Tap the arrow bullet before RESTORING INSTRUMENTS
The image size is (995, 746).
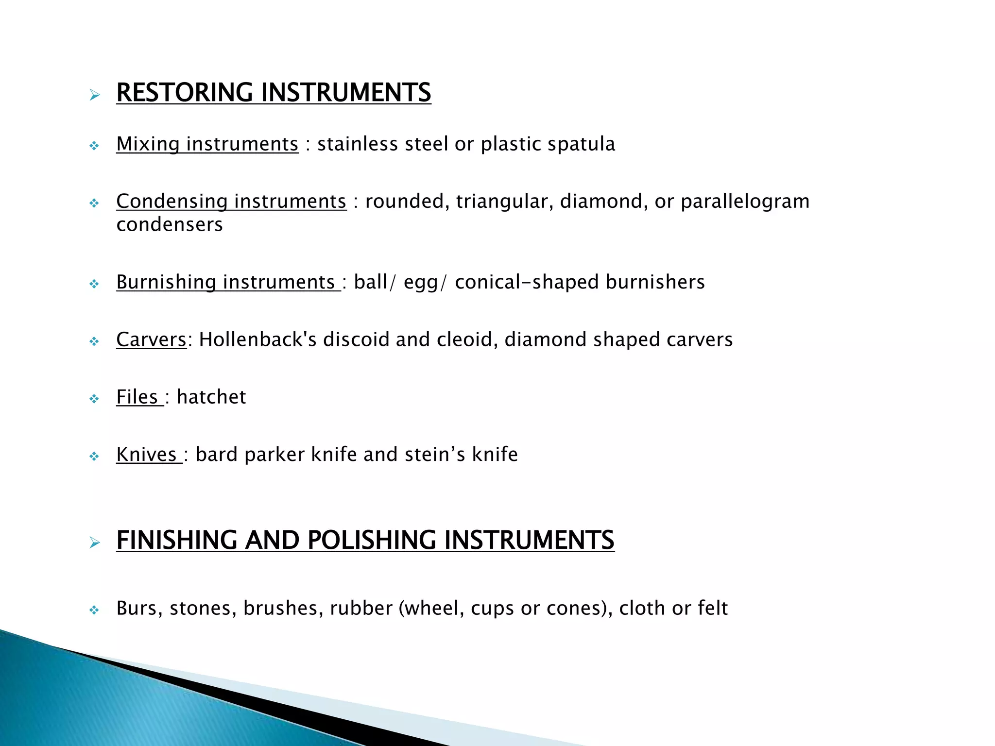95,95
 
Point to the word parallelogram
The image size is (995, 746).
745,202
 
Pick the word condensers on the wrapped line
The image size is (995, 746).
170,225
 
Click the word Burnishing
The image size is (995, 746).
166,282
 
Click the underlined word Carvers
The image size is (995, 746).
151,339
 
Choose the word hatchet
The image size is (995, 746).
211,397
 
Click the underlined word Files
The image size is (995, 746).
137,397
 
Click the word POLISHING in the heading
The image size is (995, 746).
372,540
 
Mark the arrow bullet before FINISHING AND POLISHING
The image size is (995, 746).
95,543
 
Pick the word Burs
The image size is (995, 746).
139,609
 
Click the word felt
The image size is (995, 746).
713,608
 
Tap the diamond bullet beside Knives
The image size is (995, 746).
94,457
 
